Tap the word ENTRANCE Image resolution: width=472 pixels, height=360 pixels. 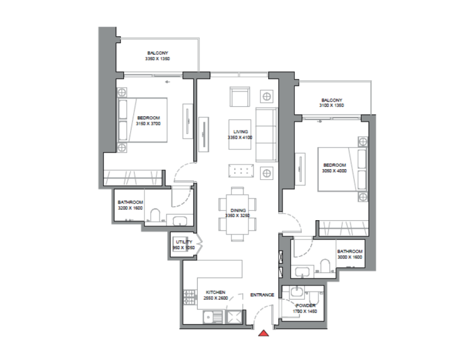pos(262,295)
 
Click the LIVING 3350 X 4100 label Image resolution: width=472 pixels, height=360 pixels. pos(238,134)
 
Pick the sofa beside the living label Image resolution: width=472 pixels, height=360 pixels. pos(266,134)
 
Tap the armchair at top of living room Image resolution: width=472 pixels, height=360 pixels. pos(239,97)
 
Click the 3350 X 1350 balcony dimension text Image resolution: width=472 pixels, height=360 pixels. pos(158,60)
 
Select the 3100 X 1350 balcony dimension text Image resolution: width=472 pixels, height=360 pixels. pos(331,106)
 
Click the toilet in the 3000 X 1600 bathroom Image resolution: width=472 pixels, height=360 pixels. pos(324,267)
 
